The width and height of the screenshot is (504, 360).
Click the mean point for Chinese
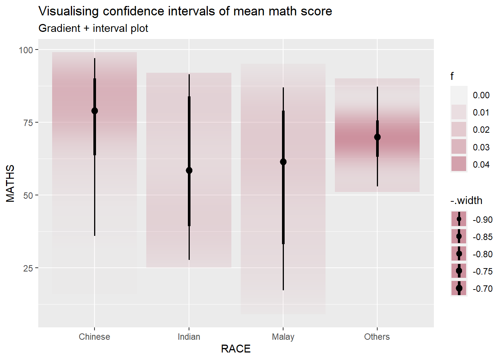click(x=94, y=111)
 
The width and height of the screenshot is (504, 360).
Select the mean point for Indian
click(x=189, y=171)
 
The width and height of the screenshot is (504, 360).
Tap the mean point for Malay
click(x=283, y=162)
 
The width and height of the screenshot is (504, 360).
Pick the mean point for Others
click(x=377, y=137)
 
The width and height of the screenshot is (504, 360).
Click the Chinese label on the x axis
click(x=94, y=337)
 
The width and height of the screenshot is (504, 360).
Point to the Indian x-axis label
click(x=189, y=337)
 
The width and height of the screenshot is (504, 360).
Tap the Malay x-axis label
click(x=283, y=337)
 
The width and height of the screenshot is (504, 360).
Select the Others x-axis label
click(x=377, y=337)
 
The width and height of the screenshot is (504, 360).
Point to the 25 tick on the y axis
click(x=28, y=268)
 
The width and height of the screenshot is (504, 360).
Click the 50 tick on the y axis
click(x=28, y=195)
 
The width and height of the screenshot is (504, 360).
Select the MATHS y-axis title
click(x=10, y=183)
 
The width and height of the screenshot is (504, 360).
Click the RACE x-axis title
click(x=235, y=349)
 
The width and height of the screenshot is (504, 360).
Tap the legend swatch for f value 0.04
click(x=459, y=164)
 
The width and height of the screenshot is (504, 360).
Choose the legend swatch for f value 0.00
click(x=459, y=94)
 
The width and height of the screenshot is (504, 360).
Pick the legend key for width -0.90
click(x=459, y=219)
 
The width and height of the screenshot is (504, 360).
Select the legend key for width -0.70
click(x=459, y=288)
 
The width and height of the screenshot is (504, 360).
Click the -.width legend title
click(x=466, y=201)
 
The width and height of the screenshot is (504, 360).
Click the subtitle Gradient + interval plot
click(x=93, y=28)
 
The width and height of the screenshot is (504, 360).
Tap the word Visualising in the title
click(x=69, y=12)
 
